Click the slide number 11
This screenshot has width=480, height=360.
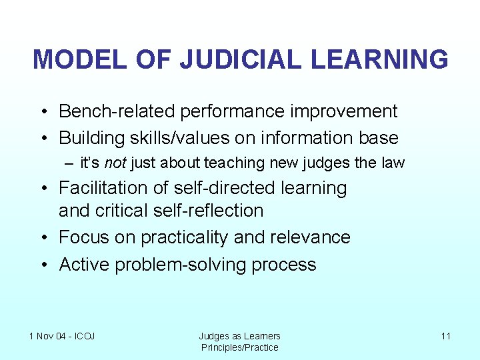pyautogui.click(x=445, y=336)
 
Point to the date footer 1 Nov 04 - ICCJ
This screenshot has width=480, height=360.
pyautogui.click(x=62, y=336)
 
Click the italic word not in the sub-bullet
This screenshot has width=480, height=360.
pyautogui.click(x=116, y=163)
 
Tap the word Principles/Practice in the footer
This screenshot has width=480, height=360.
pyautogui.click(x=240, y=347)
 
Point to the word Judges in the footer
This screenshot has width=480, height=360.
pyautogui.click(x=213, y=336)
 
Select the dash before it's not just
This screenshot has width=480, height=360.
pyautogui.click(x=70, y=163)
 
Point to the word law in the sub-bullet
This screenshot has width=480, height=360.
pyautogui.click(x=395, y=163)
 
